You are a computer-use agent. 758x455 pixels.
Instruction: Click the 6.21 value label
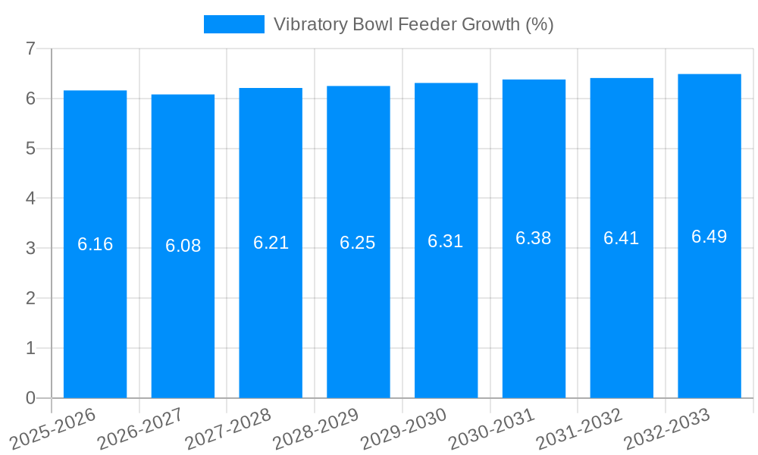click(271, 243)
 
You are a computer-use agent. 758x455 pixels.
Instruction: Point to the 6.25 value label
click(358, 243)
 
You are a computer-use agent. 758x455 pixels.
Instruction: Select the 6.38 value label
click(534, 238)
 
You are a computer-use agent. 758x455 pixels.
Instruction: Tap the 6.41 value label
click(621, 238)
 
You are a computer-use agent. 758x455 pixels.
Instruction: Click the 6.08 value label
click(183, 246)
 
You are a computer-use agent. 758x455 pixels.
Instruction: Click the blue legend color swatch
click(234, 24)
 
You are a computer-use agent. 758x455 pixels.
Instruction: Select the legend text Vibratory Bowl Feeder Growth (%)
click(413, 24)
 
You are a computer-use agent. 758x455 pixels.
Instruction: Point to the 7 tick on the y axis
click(30, 49)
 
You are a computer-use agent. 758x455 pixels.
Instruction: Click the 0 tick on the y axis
click(30, 398)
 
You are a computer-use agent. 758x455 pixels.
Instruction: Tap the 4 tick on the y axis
click(30, 198)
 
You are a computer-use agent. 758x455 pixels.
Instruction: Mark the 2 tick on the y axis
click(30, 298)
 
